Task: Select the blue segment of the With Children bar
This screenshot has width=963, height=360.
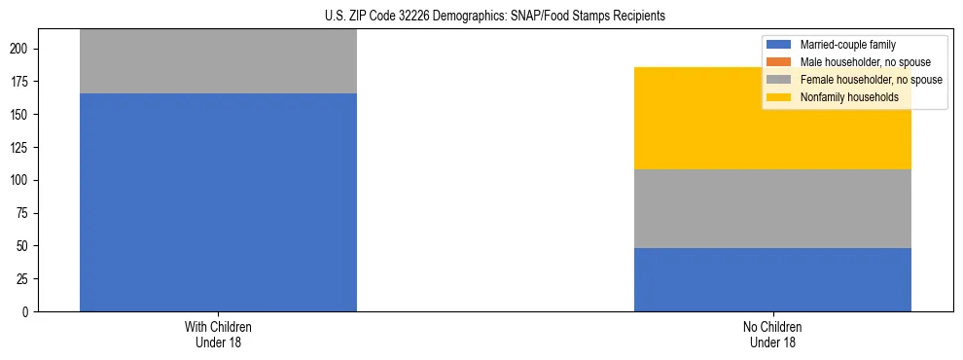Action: pyautogui.click(x=218, y=202)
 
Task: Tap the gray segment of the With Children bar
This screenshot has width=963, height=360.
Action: pyautogui.click(x=218, y=61)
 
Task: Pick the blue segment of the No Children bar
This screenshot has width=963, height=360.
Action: pyautogui.click(x=772, y=279)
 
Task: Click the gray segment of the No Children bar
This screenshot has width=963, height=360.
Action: pyautogui.click(x=772, y=208)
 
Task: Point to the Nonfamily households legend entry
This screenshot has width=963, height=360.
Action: pyautogui.click(x=841, y=97)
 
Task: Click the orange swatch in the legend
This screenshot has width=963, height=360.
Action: pyautogui.click(x=779, y=62)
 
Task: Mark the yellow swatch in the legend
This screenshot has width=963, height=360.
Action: pyautogui.click(x=779, y=97)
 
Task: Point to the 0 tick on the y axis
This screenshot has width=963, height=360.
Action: pyautogui.click(x=28, y=312)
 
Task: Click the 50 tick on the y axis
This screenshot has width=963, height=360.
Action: pyautogui.click(x=25, y=246)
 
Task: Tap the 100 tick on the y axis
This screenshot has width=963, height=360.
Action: pyautogui.click(x=22, y=181)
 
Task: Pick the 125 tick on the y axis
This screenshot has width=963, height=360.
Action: pyautogui.click(x=22, y=148)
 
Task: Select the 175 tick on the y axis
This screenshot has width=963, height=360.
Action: pyautogui.click(x=22, y=82)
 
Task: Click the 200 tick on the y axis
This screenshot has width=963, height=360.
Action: pyautogui.click(x=22, y=49)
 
